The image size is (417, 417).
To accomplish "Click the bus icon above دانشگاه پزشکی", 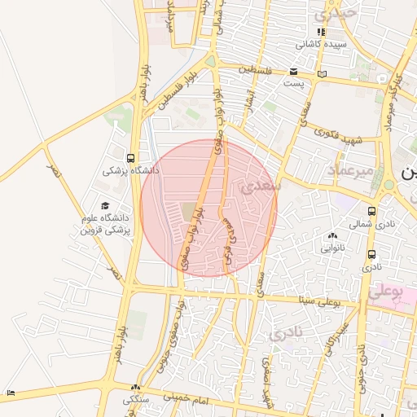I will [x=131, y=158].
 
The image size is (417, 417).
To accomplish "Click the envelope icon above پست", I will [x=293, y=72].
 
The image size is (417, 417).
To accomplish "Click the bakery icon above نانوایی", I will [x=332, y=234].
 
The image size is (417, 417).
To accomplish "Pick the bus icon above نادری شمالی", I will [x=371, y=209].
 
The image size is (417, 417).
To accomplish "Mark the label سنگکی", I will [x=136, y=400].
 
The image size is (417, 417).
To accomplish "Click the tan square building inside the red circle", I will [x=190, y=212].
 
